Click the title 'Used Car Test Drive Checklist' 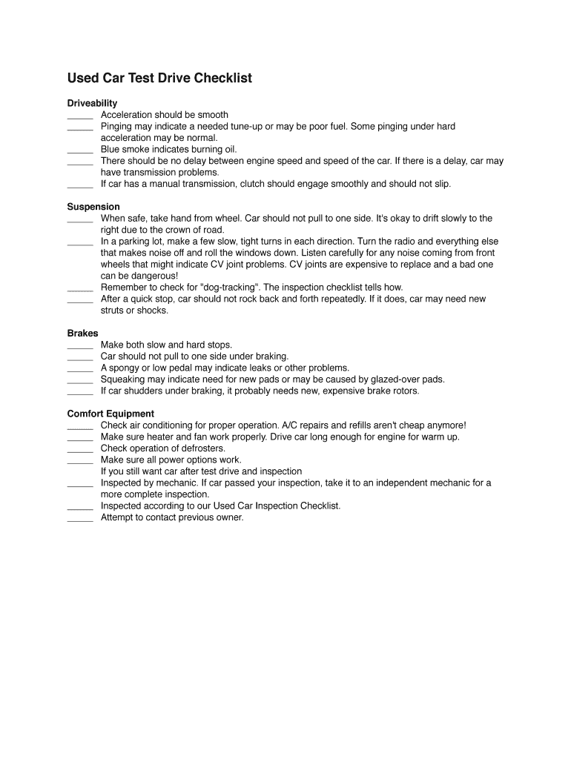tap(159, 78)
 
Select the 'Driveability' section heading tap(92, 103)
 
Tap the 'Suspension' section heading tap(93, 207)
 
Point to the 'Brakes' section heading tap(82, 334)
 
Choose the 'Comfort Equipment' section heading tap(110, 414)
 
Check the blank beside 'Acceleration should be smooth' tap(80, 116)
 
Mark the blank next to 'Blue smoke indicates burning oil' tap(80, 150)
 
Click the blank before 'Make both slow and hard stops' tap(80, 346)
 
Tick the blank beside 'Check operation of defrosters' tap(80, 450)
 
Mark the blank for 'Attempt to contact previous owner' tap(80, 519)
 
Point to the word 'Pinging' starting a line tap(116, 127)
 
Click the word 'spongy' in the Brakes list tap(123, 368)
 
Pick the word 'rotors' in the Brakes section tap(403, 391)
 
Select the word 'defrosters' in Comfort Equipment tap(203, 448)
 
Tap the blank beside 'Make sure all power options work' tap(80, 461)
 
